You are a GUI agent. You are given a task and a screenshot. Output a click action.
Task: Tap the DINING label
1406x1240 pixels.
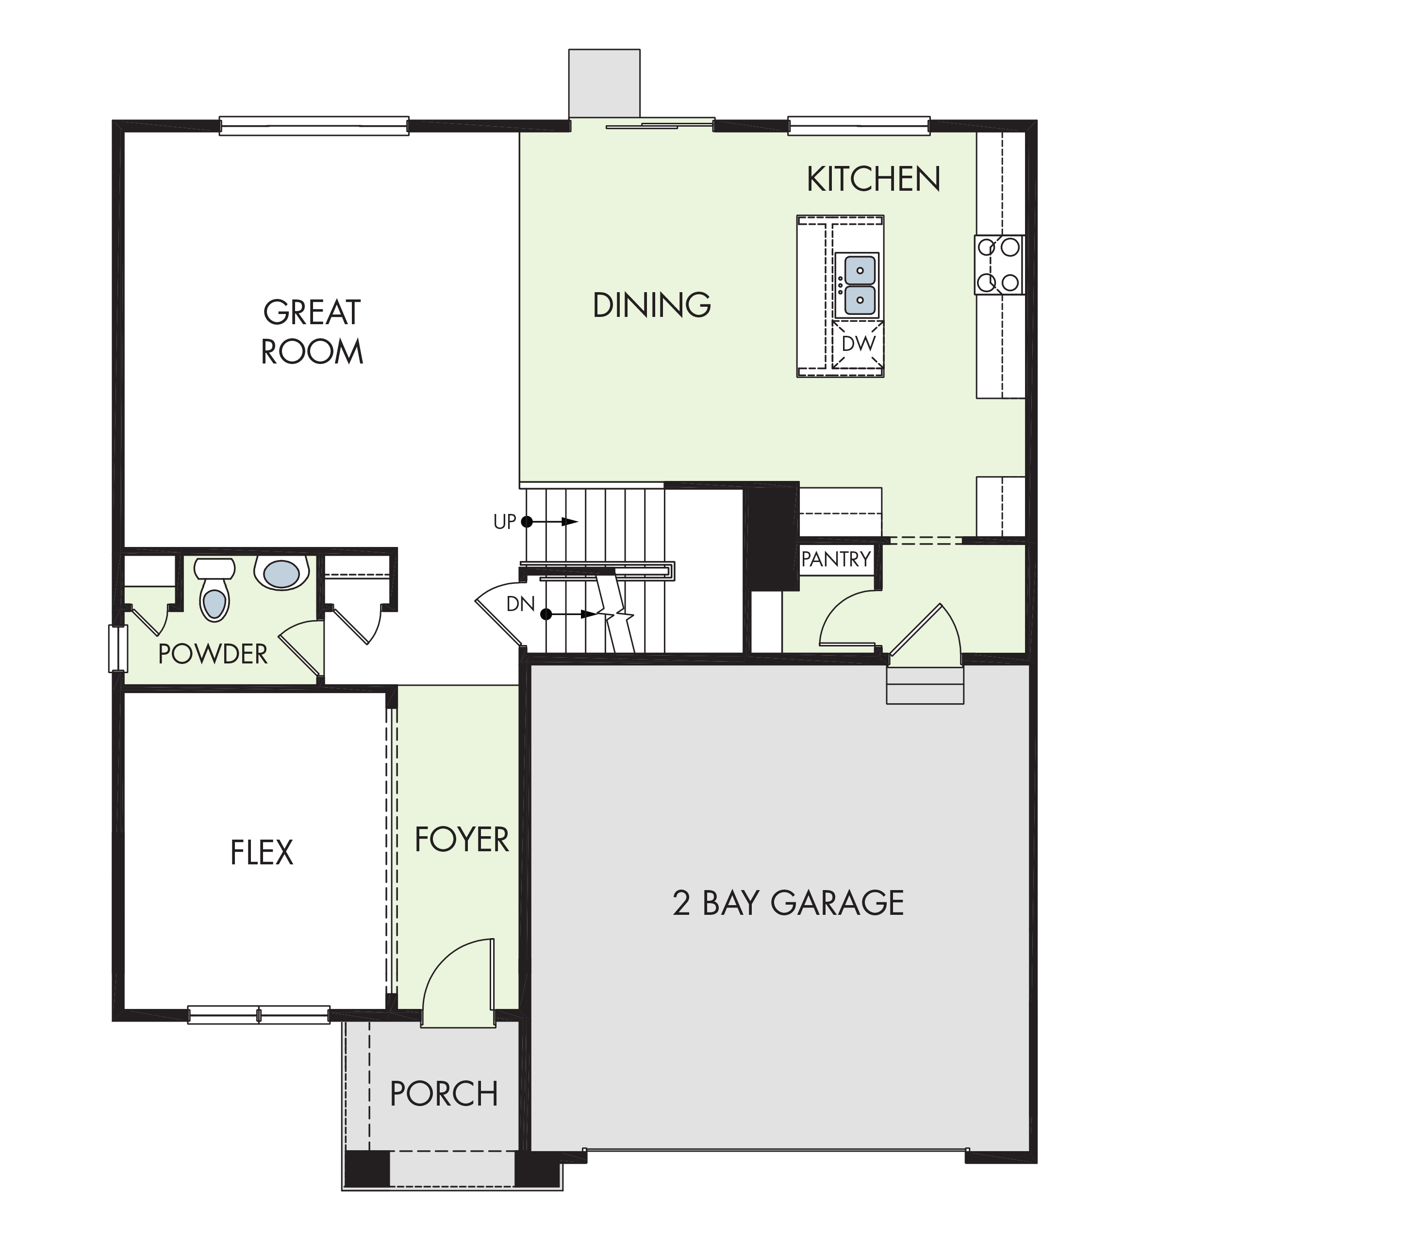[x=651, y=305]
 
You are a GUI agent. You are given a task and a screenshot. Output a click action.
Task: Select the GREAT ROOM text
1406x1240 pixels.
[x=312, y=331]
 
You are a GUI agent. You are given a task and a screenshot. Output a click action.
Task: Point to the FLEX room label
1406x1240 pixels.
[x=262, y=853]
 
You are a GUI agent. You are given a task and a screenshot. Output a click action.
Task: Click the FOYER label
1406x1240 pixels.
[x=462, y=840]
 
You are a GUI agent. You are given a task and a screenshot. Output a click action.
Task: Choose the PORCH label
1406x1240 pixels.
[x=444, y=1093]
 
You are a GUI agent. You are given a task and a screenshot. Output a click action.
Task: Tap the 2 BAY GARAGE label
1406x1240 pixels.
[x=788, y=903]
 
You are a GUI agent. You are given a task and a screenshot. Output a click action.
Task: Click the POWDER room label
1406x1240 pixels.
[x=213, y=654]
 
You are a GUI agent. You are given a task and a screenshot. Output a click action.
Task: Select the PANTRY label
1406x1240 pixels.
[x=836, y=559]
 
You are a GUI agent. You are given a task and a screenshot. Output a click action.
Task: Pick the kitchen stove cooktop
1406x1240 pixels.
[x=999, y=265]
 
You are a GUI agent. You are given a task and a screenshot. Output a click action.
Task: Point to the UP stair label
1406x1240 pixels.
[x=504, y=522]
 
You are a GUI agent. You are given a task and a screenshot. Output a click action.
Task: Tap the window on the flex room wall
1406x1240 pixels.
[x=259, y=1014]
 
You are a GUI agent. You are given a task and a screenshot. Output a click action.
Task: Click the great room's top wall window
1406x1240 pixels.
[x=314, y=126]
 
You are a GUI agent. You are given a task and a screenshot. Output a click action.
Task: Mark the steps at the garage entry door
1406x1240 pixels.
[x=925, y=684]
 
